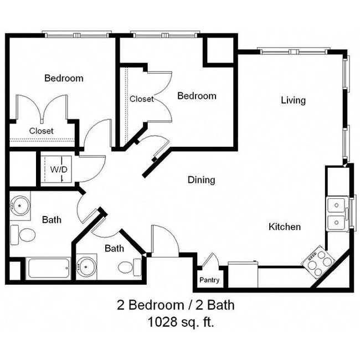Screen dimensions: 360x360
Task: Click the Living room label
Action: [293, 100]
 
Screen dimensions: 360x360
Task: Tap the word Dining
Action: [201, 180]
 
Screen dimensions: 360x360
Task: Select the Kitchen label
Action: [285, 227]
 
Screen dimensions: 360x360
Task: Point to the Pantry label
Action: [210, 280]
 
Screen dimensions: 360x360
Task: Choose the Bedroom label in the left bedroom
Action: [64, 78]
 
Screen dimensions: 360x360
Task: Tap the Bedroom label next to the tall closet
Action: [197, 96]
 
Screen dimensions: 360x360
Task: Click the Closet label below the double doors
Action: [42, 131]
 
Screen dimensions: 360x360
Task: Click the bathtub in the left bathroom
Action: [49, 269]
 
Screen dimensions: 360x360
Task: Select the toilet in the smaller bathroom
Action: [125, 268]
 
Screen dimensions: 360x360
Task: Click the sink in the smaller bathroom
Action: [86, 266]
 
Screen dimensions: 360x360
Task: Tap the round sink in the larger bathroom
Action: [20, 205]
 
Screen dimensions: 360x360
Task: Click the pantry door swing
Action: [210, 260]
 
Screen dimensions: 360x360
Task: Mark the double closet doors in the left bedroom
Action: [42, 108]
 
